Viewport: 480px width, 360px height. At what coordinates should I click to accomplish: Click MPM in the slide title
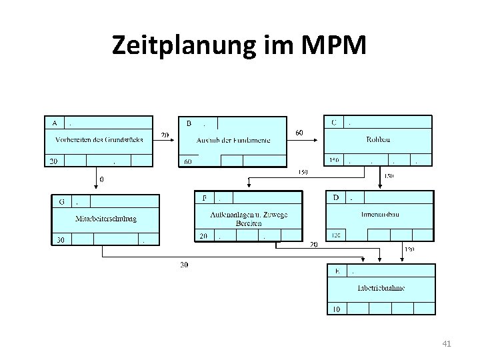click(334, 45)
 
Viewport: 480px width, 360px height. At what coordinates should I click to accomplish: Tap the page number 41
click(447, 344)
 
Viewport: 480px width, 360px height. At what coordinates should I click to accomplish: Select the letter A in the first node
click(53, 123)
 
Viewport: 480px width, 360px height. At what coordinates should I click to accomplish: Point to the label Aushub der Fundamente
click(233, 140)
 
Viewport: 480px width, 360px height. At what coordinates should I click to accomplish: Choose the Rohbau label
click(378, 140)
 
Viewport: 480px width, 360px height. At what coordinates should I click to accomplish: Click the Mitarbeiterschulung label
click(106, 218)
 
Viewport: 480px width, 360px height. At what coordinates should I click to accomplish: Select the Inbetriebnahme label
click(381, 287)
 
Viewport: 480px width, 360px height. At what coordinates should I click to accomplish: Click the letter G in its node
click(62, 201)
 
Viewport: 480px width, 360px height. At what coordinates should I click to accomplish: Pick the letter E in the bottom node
click(338, 271)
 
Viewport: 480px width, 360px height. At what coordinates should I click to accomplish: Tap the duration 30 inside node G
click(60, 240)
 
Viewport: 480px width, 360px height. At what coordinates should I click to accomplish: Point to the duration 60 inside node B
click(188, 161)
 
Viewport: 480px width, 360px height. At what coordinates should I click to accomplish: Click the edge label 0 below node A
click(101, 179)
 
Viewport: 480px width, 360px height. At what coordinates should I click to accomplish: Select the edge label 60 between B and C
click(299, 133)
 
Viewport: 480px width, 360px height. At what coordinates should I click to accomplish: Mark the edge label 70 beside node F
click(313, 245)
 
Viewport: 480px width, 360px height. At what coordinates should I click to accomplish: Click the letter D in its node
click(336, 197)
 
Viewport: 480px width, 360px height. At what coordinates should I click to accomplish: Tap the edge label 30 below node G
click(184, 265)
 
